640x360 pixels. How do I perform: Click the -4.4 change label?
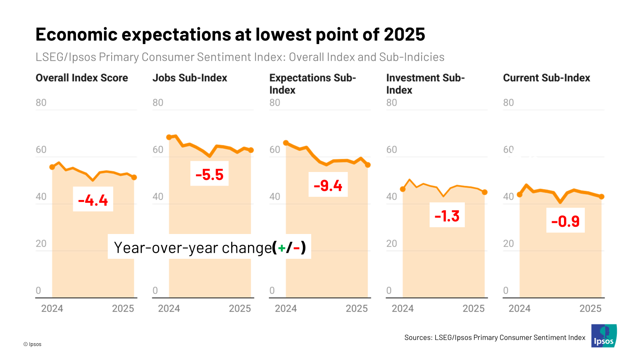93,200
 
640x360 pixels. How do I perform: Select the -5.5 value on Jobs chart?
209,174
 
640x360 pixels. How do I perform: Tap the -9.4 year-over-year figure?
328,185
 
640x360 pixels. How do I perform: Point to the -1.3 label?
447,216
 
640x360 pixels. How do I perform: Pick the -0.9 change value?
565,221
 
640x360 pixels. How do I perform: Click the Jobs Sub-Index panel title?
190,78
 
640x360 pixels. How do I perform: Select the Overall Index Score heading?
82,78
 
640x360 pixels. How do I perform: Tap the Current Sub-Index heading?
546,78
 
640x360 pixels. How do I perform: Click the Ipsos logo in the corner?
604,336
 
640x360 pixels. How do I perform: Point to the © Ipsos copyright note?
32,344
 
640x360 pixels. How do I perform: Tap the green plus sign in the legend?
282,248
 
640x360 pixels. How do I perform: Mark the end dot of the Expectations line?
368,165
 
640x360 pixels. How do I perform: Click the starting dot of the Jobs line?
169,137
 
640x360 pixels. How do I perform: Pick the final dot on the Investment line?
485,192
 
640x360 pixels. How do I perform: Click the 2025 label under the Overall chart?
123,308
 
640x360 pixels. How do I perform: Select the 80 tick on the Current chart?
508,102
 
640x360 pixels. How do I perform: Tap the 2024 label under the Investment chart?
402,308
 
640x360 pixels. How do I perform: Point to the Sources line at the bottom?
495,338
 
